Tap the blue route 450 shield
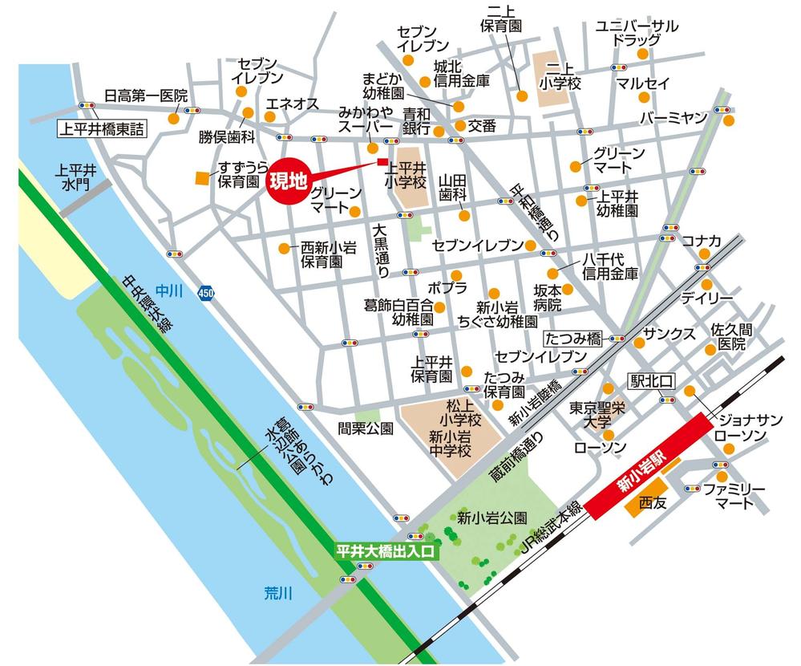pos(206,293)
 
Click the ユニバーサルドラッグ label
pos(637,33)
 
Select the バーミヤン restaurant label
pos(674,118)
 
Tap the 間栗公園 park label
pos(365,428)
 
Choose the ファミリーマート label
pos(734,496)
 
